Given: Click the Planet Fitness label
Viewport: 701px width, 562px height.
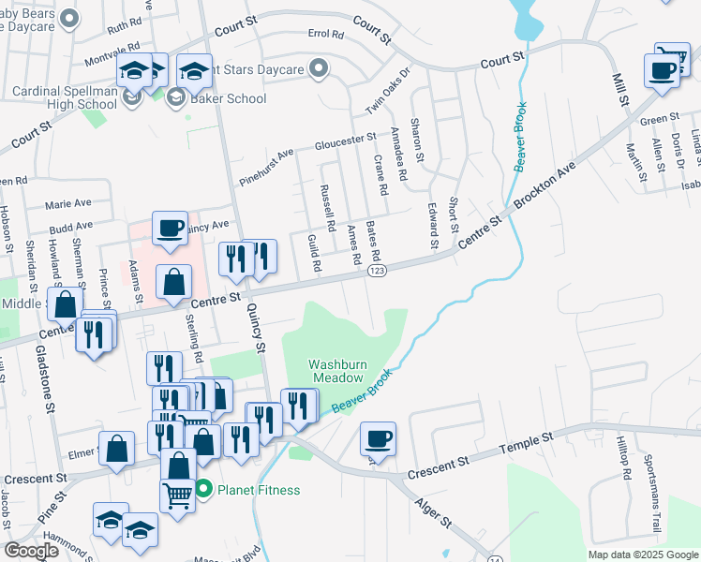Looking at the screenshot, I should point(259,489).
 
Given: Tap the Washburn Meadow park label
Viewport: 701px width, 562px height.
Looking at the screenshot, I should point(336,371).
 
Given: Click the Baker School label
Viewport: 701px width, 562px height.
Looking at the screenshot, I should point(230,98).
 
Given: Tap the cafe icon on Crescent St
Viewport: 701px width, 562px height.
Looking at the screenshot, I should point(379,437).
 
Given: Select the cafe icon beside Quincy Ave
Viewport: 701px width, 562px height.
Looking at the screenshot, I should point(170,228).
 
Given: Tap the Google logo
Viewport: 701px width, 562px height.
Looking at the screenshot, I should point(32,551).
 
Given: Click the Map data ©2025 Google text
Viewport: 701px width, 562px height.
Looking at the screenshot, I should point(641,555).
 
